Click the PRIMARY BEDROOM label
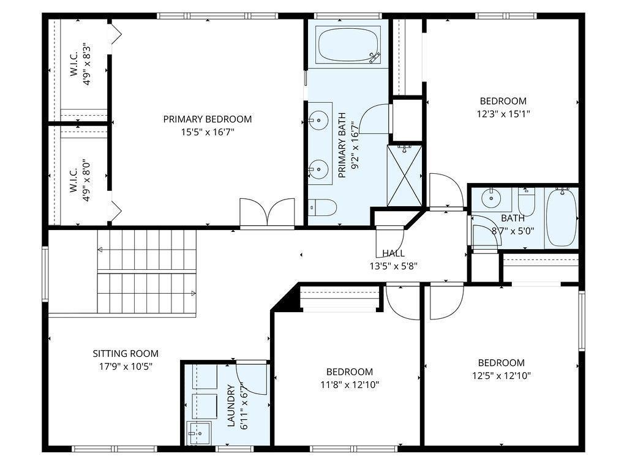[208, 119]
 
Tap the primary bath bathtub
[348, 45]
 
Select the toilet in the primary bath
[323, 207]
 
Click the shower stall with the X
[404, 176]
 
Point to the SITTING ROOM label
[126, 353]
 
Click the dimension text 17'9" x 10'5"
[126, 366]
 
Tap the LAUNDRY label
[231, 406]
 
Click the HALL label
[394, 253]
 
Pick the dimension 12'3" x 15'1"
[503, 114]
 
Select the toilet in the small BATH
[526, 201]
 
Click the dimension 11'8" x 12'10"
[350, 384]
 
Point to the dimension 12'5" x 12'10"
[501, 375]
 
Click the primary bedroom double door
[267, 214]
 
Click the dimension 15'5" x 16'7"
[208, 132]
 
